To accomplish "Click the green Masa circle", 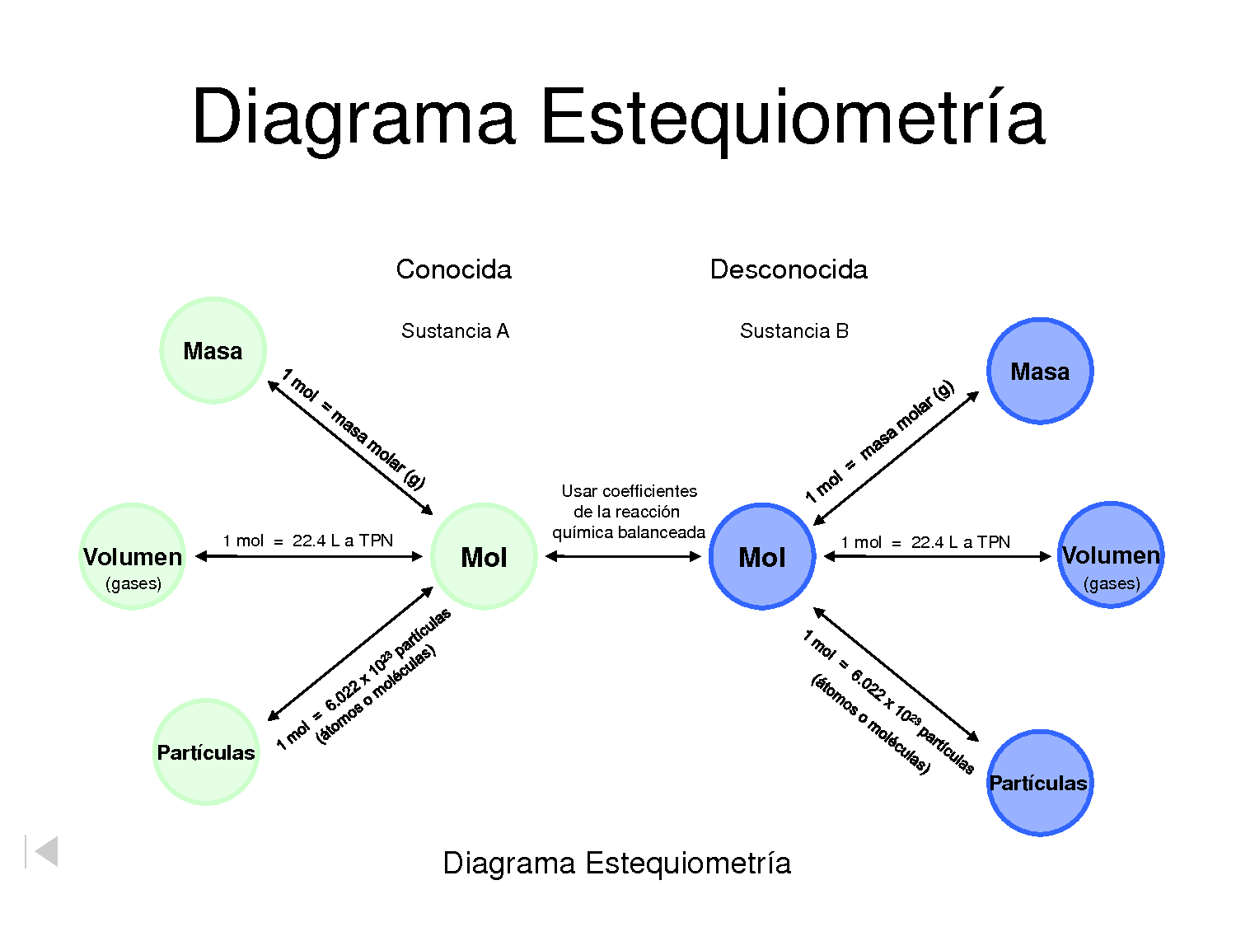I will (x=213, y=350).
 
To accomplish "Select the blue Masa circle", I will (x=1040, y=371).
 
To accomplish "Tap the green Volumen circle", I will (x=133, y=556).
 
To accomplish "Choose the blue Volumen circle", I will (x=1110, y=555).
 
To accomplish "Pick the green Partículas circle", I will (x=206, y=751).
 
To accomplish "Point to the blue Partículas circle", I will (x=1039, y=783).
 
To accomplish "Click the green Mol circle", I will (x=484, y=556).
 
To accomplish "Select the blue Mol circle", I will (x=762, y=556).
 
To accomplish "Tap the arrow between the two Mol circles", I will (x=623, y=556).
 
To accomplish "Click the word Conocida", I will (x=453, y=269).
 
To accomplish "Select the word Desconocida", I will (x=789, y=269).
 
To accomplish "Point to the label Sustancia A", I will (x=455, y=331).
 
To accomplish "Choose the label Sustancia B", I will (x=794, y=331).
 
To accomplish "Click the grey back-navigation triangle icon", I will (x=44, y=851).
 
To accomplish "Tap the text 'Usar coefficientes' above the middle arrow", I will (x=629, y=491).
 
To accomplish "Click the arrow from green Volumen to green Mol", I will (x=309, y=556).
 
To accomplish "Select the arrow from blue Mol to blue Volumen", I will (x=938, y=556).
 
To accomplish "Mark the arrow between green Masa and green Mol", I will (x=350, y=447).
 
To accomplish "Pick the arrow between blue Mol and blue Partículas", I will (x=896, y=674).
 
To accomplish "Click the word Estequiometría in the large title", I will (x=793, y=117).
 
